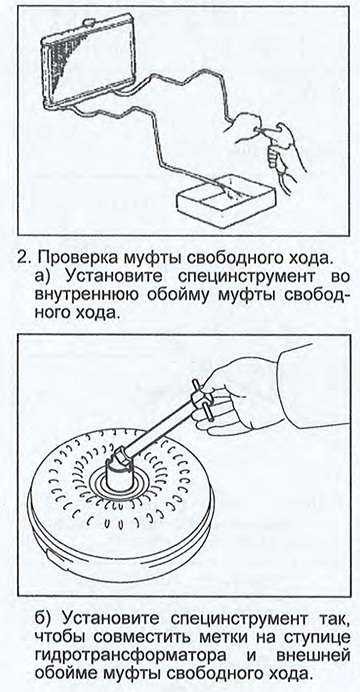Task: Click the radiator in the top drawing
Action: click(88, 62)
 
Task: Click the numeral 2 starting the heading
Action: click(22, 258)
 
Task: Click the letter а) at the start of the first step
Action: click(44, 278)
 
